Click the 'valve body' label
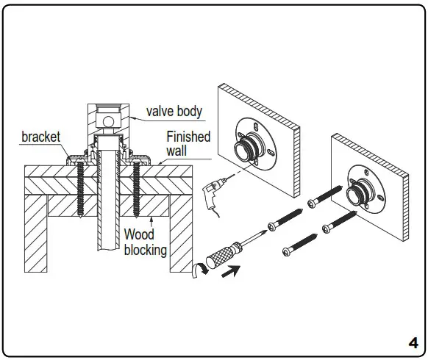(x=174, y=112)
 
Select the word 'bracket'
(x=41, y=137)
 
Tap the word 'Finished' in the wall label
(x=188, y=137)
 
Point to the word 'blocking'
(x=145, y=250)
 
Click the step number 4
(x=413, y=342)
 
